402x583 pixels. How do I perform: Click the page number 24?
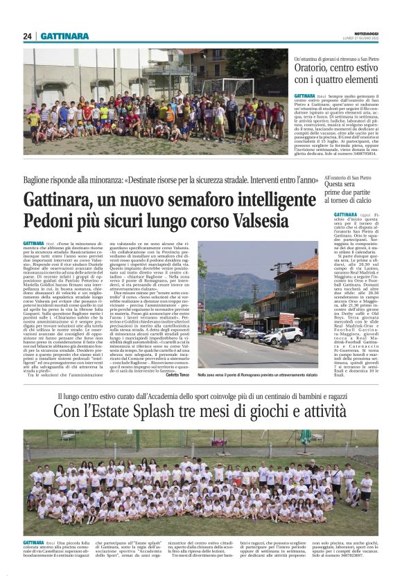[x=28, y=36]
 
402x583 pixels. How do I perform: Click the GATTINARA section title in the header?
[x=64, y=36]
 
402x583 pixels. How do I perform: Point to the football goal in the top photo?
[x=236, y=86]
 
